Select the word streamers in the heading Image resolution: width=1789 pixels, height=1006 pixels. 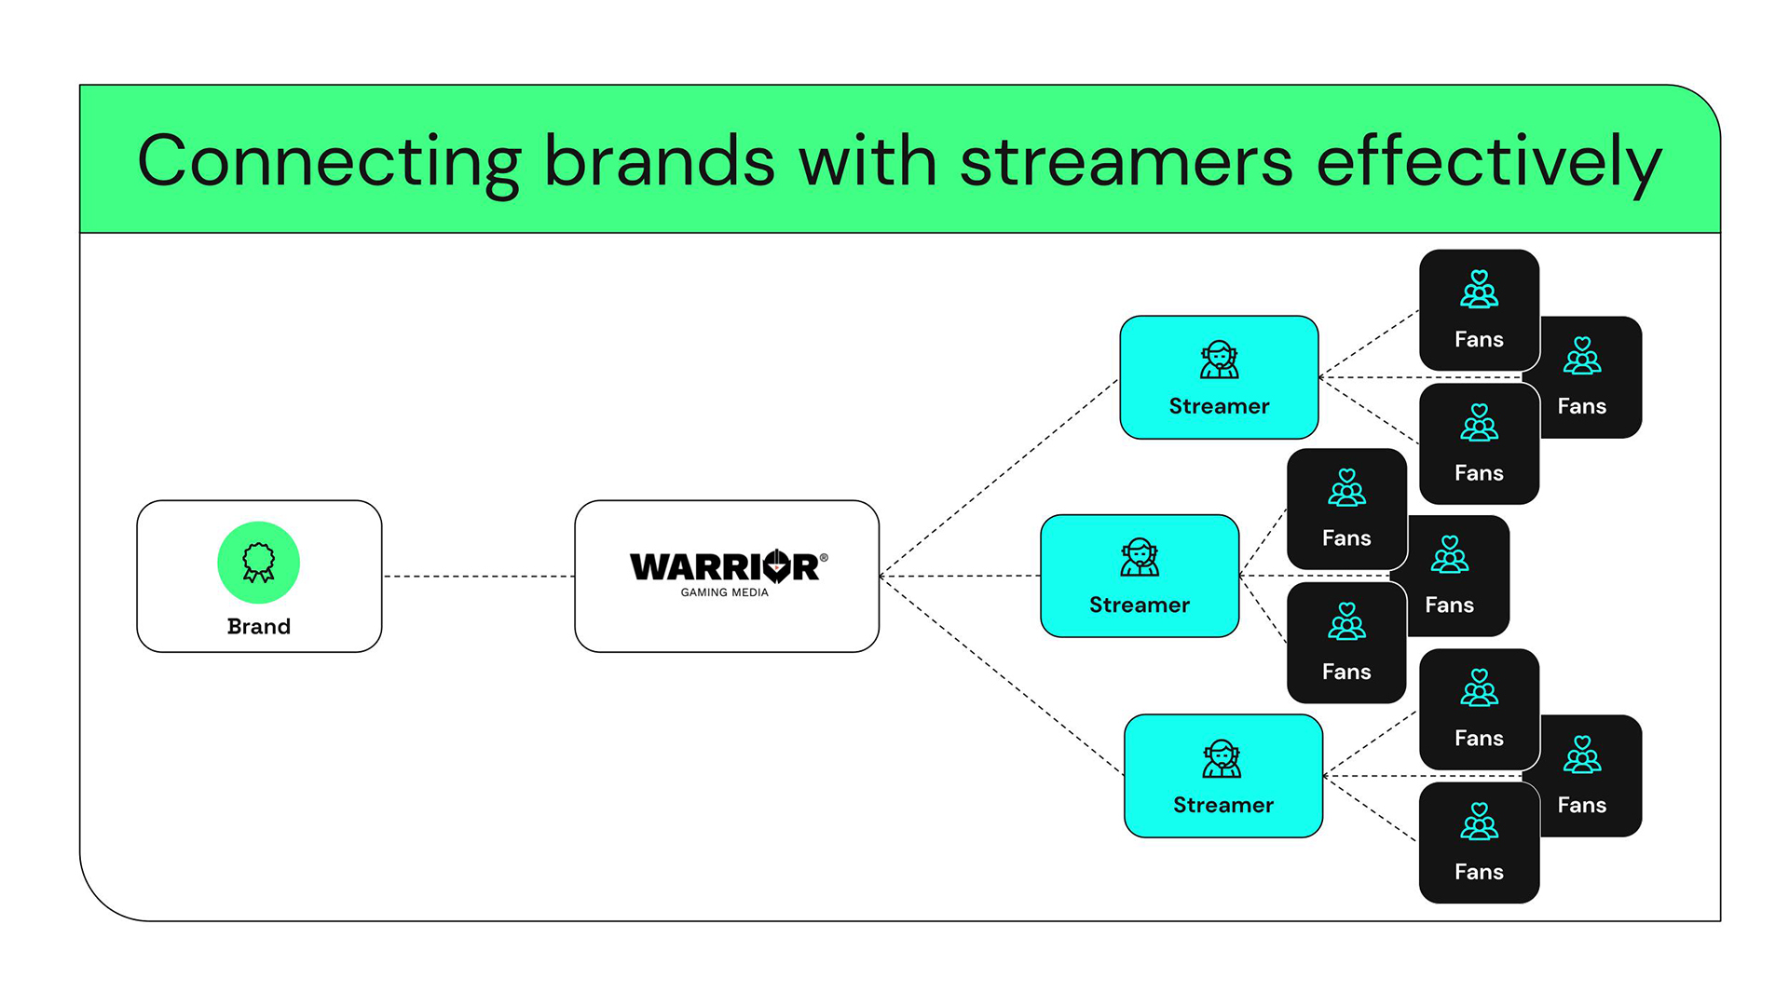[x=1126, y=161]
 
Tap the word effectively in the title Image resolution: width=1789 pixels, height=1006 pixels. [x=1488, y=161]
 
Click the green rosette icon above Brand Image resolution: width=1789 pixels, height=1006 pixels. [x=258, y=562]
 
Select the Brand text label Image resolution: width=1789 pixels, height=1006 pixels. [x=258, y=626]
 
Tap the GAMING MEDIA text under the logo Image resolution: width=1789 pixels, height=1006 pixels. [x=724, y=592]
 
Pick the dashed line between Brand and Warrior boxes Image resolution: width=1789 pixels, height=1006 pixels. [x=478, y=576]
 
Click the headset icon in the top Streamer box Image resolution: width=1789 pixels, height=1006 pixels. [x=1219, y=360]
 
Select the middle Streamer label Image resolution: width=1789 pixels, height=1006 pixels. [x=1139, y=605]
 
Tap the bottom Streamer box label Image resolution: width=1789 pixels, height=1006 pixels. [x=1222, y=805]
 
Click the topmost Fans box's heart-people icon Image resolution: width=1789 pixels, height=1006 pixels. [x=1479, y=289]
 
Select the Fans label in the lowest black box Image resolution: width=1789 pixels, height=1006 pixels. [x=1479, y=872]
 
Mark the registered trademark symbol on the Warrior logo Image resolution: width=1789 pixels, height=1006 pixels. [x=824, y=557]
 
